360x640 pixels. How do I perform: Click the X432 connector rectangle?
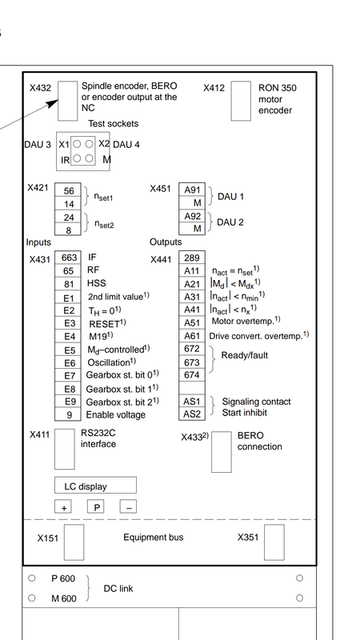pyautogui.click(x=67, y=101)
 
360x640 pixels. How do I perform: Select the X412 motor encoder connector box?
pyautogui.click(x=241, y=101)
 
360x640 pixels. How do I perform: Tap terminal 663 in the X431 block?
pyautogui.click(x=69, y=258)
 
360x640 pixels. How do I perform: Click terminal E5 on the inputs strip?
pyautogui.click(x=69, y=350)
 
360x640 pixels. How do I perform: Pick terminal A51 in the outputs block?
pyautogui.click(x=192, y=323)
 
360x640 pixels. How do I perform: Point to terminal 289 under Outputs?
pyautogui.click(x=192, y=258)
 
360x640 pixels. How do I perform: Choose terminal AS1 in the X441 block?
pyautogui.click(x=192, y=402)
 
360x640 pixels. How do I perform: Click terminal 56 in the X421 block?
pyautogui.click(x=68, y=190)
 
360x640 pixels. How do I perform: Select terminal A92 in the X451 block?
pyautogui.click(x=192, y=216)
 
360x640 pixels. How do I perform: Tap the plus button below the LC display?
pyautogui.click(x=63, y=507)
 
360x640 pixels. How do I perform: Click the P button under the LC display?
pyautogui.click(x=96, y=507)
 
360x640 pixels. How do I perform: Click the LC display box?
pyautogui.click(x=95, y=486)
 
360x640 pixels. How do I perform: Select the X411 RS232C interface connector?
pyautogui.click(x=65, y=449)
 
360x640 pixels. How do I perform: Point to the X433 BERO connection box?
pyautogui.click(x=222, y=452)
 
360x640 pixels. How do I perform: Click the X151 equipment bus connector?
pyautogui.click(x=74, y=542)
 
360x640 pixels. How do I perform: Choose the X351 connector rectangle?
pyautogui.click(x=274, y=542)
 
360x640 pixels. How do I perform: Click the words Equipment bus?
pyautogui.click(x=154, y=537)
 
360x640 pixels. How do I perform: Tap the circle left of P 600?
pyautogui.click(x=32, y=578)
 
